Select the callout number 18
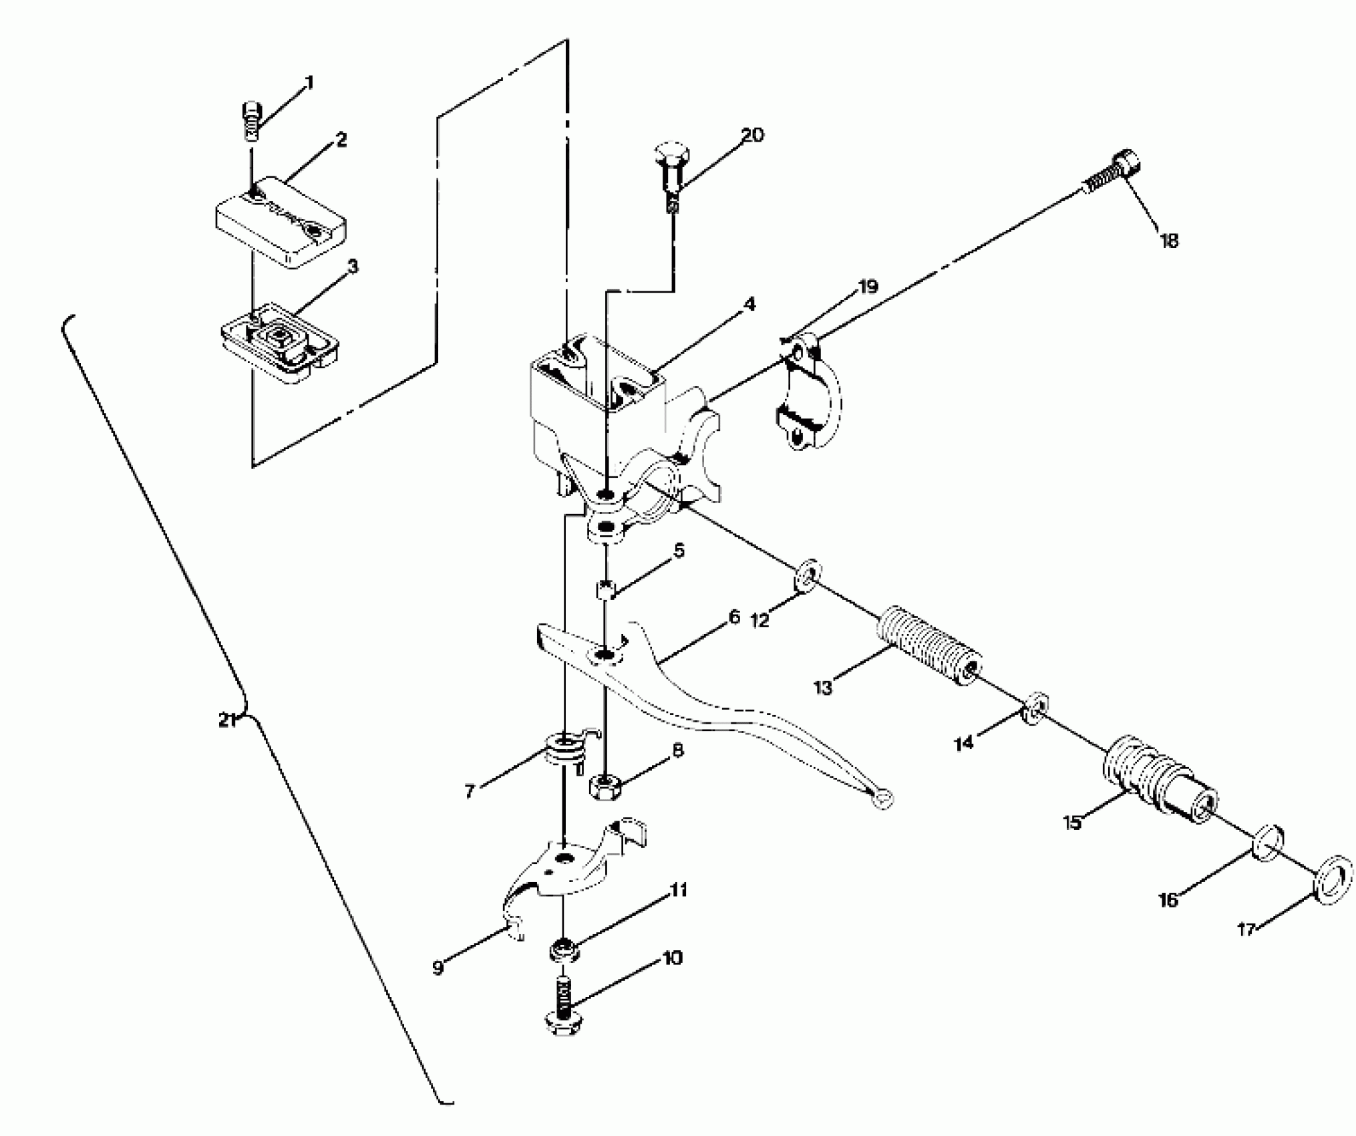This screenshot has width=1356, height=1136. click(x=1169, y=240)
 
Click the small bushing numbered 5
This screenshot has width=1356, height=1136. click(x=605, y=590)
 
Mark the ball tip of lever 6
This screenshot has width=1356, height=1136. click(x=882, y=797)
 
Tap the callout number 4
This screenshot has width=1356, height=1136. click(x=749, y=305)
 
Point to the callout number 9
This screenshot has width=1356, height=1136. click(x=438, y=968)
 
